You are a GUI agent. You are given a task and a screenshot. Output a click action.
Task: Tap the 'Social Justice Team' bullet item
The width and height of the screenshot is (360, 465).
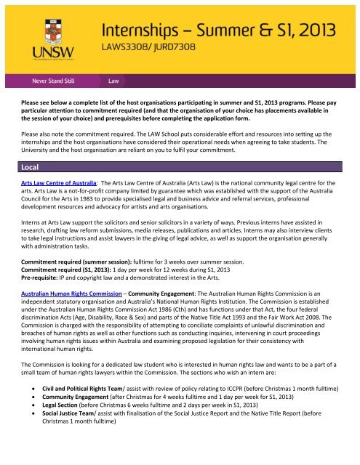pos(80,436)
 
